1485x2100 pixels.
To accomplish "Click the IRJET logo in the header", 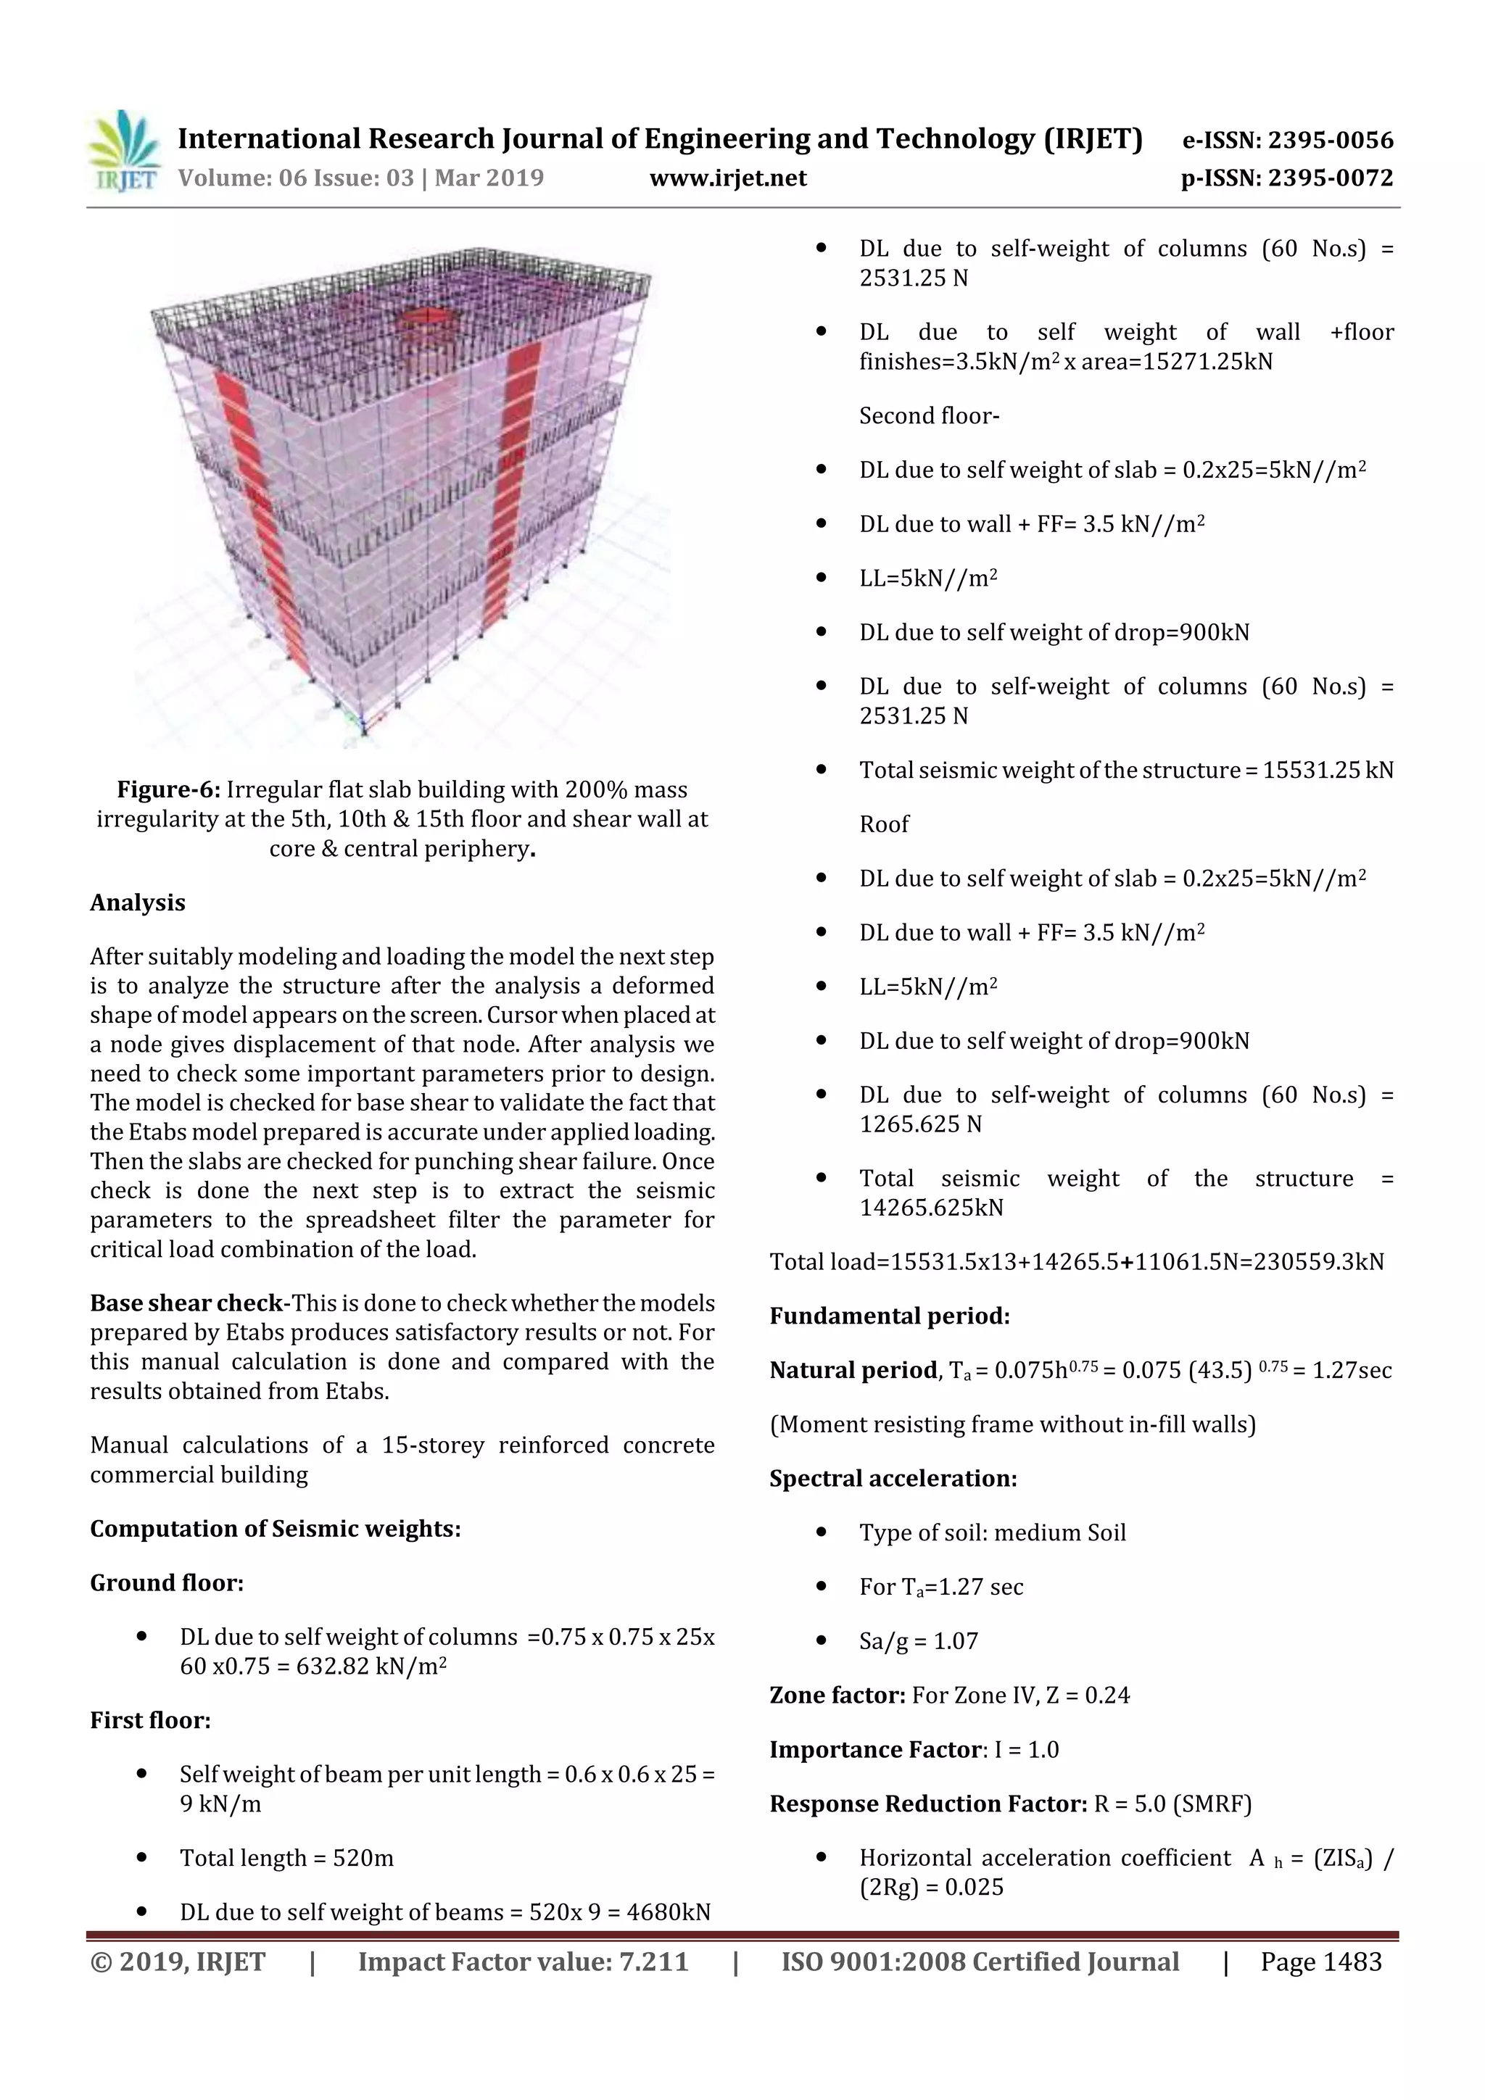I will coord(123,151).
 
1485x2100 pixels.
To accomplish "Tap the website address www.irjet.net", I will coord(728,178).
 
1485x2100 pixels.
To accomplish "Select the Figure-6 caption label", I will coord(168,790).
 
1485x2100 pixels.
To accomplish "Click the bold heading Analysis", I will coord(137,902).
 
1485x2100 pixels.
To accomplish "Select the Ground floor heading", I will coord(167,1583).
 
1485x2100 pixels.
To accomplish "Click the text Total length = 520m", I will coord(286,1859).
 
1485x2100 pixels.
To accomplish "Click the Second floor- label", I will coord(929,416).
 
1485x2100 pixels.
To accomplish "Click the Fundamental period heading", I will coord(890,1316).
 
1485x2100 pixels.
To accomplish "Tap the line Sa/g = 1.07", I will coord(918,1641).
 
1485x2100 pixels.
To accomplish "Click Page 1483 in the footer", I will coord(1320,1962).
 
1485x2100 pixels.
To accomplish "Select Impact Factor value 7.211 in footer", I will coord(523,1962).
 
